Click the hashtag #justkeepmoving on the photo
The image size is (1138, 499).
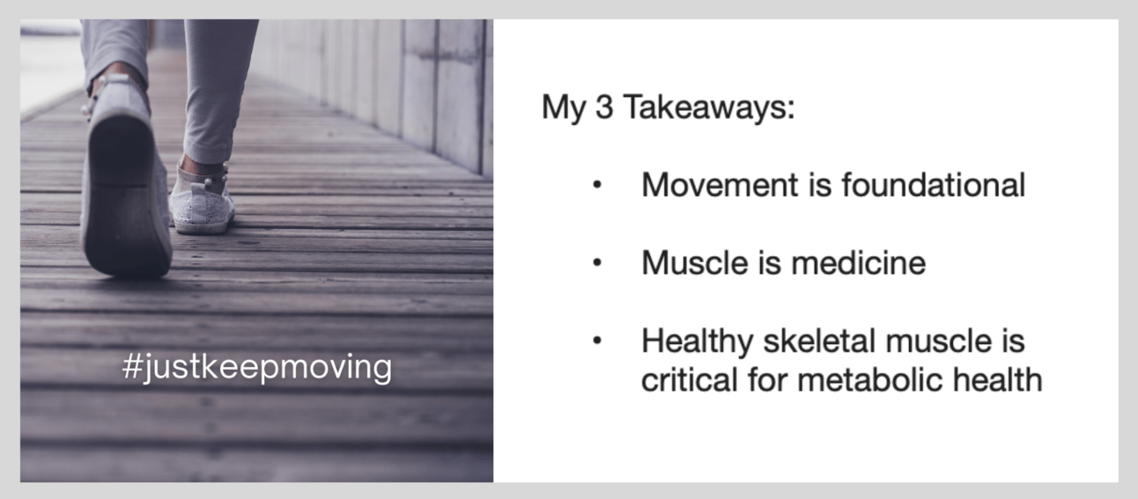click(257, 367)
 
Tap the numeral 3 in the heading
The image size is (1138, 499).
click(604, 107)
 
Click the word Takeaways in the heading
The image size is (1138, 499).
click(709, 108)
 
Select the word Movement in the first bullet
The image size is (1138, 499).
click(720, 185)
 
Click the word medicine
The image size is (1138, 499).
click(859, 263)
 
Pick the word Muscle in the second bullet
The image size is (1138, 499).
click(695, 263)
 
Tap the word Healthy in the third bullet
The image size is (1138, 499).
click(697, 341)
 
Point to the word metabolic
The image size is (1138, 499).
click(869, 379)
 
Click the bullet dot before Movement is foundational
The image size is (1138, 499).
click(597, 186)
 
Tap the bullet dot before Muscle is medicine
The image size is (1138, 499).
click(597, 263)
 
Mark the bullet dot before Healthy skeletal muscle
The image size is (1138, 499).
click(597, 341)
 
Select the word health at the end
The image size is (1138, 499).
click(997, 379)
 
